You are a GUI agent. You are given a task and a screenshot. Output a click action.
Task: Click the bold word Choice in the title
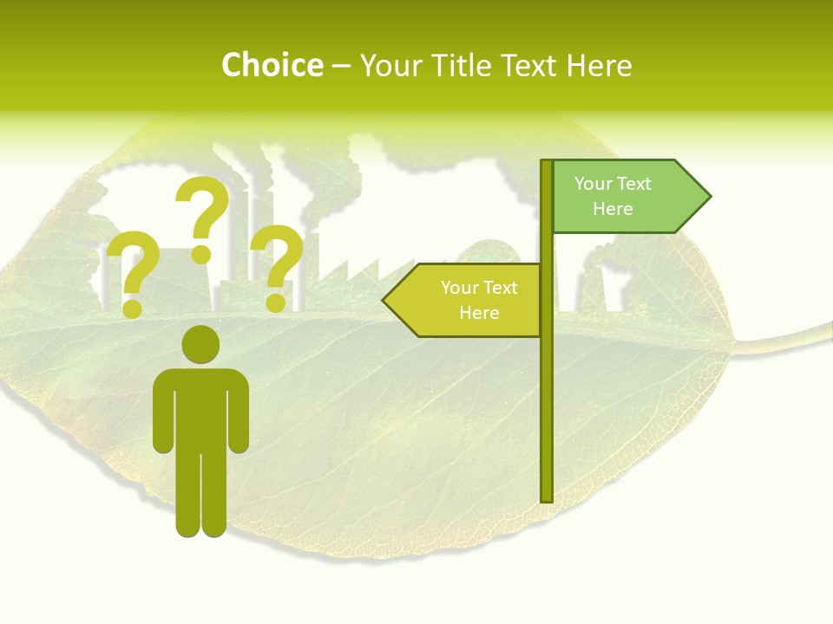272,65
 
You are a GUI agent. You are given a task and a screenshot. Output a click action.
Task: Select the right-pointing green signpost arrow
625,197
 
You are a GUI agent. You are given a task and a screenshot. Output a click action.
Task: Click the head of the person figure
200,344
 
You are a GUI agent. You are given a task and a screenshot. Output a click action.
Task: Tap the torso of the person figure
200,407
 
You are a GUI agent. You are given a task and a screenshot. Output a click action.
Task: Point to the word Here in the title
600,65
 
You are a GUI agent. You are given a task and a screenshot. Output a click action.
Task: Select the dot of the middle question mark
201,253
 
